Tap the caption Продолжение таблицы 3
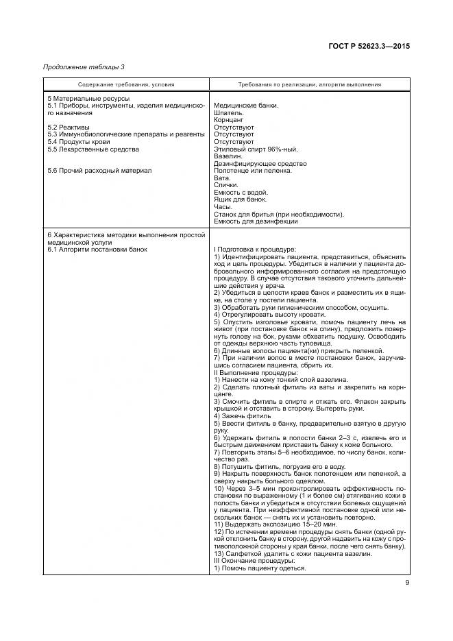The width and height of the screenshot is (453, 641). tap(83, 67)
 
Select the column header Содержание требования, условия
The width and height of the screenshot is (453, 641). tap(126, 84)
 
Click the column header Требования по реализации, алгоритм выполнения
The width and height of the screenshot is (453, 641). tap(310, 84)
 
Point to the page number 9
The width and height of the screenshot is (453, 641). tap(407, 583)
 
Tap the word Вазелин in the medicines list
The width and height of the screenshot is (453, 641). tap(229, 156)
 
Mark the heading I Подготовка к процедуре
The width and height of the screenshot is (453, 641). tap(254, 248)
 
